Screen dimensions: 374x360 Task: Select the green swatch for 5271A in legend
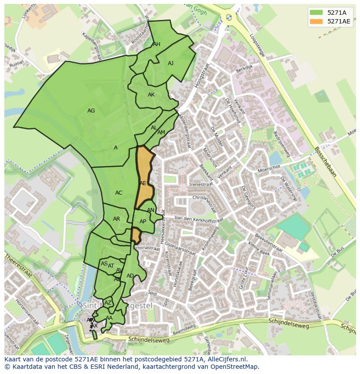coord(317,13)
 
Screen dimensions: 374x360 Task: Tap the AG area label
coord(91,111)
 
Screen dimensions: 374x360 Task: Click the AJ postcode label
coord(170,63)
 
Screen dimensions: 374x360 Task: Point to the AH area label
coord(157,44)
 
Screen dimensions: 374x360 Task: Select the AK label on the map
coord(151,95)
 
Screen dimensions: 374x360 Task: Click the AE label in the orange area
coord(143,183)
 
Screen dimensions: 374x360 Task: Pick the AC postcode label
coord(119,193)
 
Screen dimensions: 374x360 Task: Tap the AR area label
coord(116,219)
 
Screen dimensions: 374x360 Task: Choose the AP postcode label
coord(143,222)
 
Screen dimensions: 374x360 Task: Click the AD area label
coord(130,276)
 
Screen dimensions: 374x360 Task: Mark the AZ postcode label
coord(108,303)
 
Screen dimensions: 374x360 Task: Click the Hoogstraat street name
coord(202,76)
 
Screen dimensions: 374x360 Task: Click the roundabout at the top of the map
coord(228,17)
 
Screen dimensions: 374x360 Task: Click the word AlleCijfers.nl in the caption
coord(227,359)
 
